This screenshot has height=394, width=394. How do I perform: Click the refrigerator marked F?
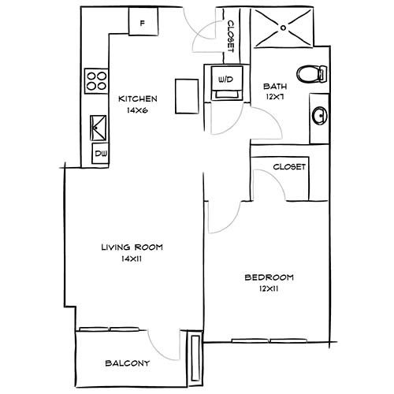point(142,21)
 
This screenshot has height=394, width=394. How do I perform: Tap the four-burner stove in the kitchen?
point(97,80)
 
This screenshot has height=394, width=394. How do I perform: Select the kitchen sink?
point(99,126)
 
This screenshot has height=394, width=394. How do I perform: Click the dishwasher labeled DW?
point(100,154)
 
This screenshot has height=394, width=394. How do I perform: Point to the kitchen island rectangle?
point(185,97)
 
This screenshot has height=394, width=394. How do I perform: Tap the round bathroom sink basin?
point(319,117)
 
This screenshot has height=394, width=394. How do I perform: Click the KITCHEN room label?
point(138,99)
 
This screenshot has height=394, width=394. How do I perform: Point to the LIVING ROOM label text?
point(132,247)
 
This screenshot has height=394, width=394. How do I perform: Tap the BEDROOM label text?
point(269,277)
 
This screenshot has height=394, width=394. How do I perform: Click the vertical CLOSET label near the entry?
point(231,36)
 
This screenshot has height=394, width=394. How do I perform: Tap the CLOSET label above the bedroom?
point(288,167)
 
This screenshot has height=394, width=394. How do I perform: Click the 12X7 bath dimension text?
point(275,97)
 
